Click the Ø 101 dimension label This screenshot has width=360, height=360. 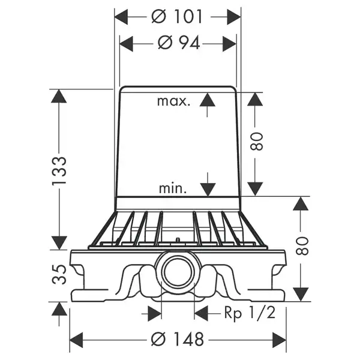[177, 17]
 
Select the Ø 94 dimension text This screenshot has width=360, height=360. [179, 43]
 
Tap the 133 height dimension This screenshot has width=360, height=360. [59, 171]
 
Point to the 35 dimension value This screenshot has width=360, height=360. [59, 275]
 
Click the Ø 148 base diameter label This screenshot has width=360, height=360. [177, 339]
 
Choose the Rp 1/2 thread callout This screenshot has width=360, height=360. [250, 313]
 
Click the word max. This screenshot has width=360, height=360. [174, 101]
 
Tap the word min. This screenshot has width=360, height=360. [173, 188]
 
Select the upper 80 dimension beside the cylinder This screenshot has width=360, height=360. [256, 142]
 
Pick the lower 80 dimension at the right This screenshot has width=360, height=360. [302, 246]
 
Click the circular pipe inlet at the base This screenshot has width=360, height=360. [178, 270]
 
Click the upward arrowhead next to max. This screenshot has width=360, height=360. [208, 99]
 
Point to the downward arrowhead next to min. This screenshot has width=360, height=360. [208, 190]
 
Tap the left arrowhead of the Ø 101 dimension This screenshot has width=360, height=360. [121, 17]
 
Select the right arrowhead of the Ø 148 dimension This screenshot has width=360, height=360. [280, 340]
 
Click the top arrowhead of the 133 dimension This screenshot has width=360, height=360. [59, 96]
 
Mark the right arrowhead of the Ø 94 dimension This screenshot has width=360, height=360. [230, 44]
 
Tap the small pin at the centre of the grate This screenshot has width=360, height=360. [177, 240]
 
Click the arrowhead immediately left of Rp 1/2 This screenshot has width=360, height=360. [201, 313]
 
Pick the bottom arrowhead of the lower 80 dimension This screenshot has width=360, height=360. [301, 295]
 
